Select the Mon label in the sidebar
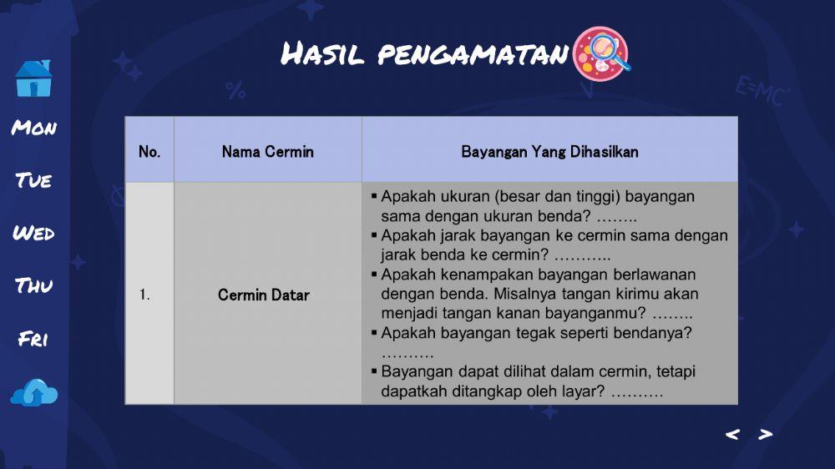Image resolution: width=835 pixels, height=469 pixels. [x=34, y=129]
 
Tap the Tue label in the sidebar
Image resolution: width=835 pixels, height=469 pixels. [x=34, y=181]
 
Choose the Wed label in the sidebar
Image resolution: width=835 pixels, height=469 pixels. [x=34, y=233]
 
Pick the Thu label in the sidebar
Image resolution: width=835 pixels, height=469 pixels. [x=34, y=286]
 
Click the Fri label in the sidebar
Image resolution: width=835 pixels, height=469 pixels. [x=33, y=340]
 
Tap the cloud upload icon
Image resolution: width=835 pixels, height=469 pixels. [x=34, y=392]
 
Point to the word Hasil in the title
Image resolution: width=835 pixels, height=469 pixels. [x=322, y=55]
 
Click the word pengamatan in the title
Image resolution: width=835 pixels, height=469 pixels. [x=473, y=56]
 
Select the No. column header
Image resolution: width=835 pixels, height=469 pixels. [x=149, y=152]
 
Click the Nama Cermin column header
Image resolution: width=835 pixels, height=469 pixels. [x=267, y=152]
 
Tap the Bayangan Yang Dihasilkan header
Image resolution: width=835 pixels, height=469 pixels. [x=549, y=152]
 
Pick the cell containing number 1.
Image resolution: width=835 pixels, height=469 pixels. [x=144, y=295]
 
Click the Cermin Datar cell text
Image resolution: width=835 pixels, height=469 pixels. [x=264, y=295]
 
